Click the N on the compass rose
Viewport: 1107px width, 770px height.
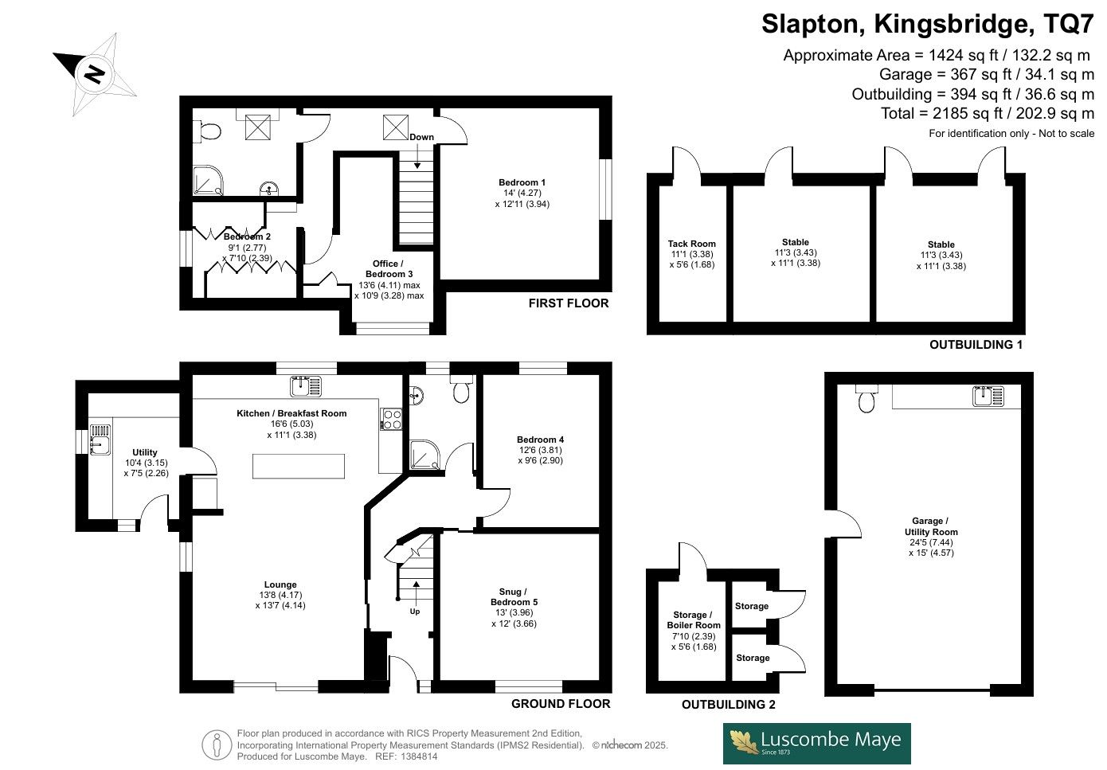click(x=95, y=74)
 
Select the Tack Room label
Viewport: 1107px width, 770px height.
click(x=692, y=244)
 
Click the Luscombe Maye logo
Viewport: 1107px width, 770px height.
click(x=817, y=743)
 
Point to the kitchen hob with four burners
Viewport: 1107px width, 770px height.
click(x=390, y=419)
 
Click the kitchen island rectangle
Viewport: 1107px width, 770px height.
click(x=299, y=466)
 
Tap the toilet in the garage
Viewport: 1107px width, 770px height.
click(x=866, y=398)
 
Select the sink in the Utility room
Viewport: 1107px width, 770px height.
click(x=100, y=440)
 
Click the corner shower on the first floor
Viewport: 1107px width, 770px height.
click(x=208, y=180)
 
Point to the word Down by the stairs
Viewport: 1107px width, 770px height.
click(x=421, y=137)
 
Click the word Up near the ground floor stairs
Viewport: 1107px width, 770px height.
click(x=415, y=612)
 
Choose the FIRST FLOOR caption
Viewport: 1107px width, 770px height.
click(x=569, y=303)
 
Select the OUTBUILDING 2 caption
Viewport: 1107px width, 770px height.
click(x=729, y=704)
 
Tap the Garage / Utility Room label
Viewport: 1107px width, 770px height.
click(x=931, y=526)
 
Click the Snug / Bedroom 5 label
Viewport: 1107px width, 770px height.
click(x=514, y=596)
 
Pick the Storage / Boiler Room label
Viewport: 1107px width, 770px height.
click(x=694, y=620)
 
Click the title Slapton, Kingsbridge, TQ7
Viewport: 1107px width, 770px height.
click(x=928, y=24)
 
